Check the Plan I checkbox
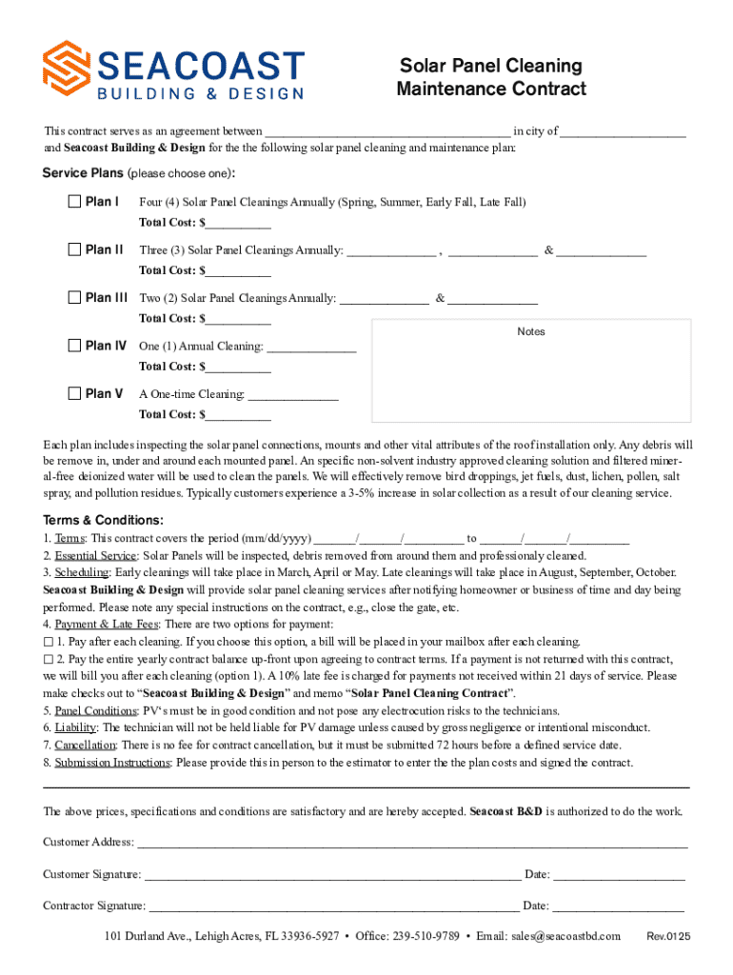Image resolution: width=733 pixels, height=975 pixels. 74,202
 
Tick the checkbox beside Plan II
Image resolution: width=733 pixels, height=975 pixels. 74,249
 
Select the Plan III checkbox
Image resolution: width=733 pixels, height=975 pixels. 74,297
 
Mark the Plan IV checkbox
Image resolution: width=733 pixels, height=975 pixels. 74,346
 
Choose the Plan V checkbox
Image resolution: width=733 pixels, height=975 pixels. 74,393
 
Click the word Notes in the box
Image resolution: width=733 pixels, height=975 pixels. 531,332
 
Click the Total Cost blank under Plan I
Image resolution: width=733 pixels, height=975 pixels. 237,224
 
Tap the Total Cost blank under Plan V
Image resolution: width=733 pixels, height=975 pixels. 237,415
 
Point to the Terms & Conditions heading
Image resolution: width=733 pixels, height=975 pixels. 104,520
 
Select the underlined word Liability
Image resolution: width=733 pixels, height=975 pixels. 75,728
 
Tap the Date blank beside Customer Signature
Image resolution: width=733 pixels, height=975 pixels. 619,875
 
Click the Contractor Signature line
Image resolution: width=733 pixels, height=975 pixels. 334,907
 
